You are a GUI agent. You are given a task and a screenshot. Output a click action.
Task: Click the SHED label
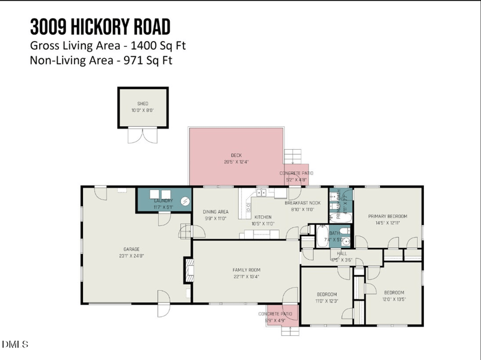coord(142,104)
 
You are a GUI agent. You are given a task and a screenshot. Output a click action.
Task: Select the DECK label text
coord(236,155)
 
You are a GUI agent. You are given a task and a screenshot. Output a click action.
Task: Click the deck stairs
coord(292,156)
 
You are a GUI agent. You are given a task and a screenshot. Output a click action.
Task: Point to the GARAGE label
coord(131,249)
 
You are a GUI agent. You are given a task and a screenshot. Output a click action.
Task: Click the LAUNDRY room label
coord(164,201)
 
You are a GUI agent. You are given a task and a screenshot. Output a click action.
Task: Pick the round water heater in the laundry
coord(186,201)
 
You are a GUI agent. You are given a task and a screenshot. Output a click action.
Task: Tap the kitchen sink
coord(262,193)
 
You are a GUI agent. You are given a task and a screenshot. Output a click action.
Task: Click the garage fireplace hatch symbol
coord(188,270)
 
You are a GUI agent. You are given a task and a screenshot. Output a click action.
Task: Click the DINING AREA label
coord(215,212)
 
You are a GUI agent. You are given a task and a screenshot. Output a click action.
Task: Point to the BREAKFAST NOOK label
coord(302,203)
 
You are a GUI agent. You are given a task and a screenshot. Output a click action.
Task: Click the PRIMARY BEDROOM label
coord(388,216)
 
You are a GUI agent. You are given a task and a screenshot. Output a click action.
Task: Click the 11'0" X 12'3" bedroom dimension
coord(327,301)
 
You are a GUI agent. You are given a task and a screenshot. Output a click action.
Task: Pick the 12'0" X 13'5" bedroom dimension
coord(394,299)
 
